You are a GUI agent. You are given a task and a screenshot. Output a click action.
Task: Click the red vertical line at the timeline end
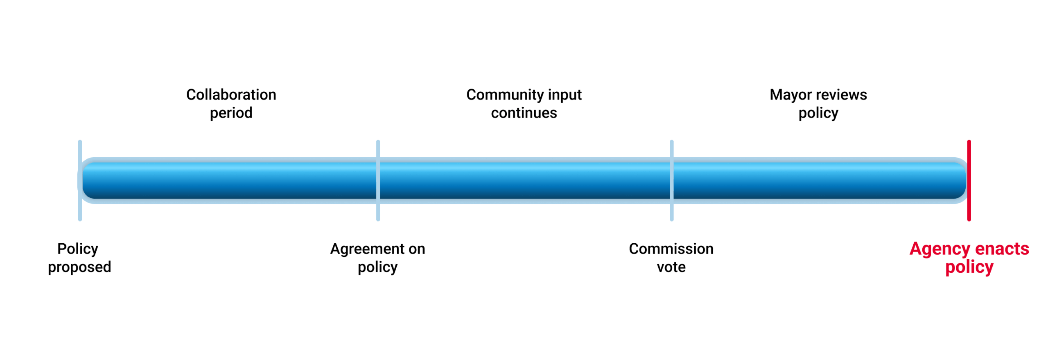[969, 180]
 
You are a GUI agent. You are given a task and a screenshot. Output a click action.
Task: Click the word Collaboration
[231, 95]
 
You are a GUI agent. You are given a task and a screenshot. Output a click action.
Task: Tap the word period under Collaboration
[231, 113]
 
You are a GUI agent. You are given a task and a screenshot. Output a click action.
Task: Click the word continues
[524, 113]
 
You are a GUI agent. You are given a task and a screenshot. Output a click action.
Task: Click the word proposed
[79, 267]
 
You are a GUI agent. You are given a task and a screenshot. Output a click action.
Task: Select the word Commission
[671, 249]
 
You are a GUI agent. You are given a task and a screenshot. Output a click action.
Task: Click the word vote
[671, 267]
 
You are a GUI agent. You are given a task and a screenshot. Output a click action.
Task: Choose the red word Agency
[940, 249]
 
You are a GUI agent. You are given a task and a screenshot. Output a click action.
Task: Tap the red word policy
[969, 267]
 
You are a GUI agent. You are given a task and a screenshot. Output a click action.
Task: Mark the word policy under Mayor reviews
[818, 113]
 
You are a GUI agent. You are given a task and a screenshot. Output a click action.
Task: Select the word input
[565, 95]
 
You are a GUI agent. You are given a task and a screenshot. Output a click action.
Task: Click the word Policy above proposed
[78, 249]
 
